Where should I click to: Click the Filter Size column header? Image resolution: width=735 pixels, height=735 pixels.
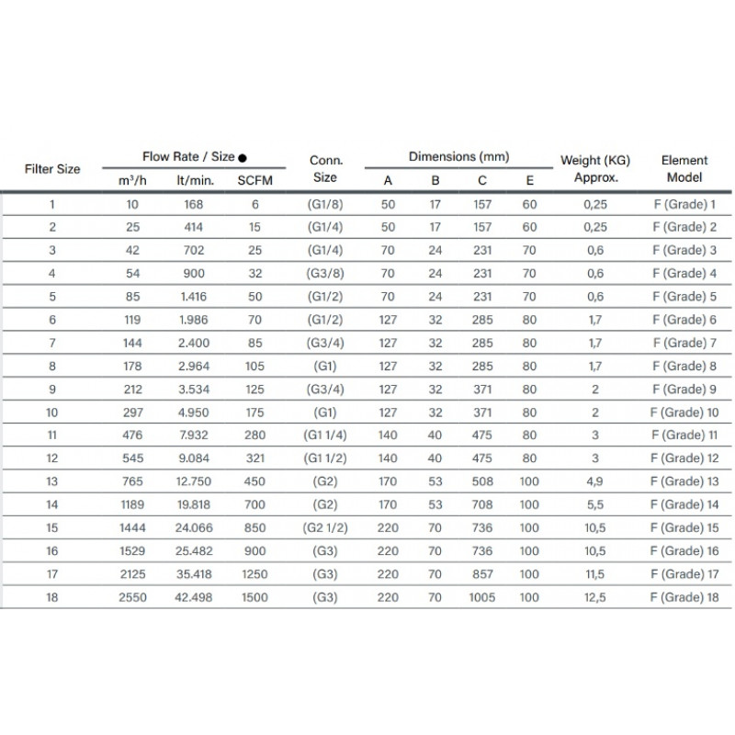point(51,169)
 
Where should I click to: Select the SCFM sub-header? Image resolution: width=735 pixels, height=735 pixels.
point(254,181)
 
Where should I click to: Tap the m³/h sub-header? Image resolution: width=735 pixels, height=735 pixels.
point(132,181)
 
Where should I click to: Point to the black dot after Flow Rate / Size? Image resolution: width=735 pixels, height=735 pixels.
point(242,158)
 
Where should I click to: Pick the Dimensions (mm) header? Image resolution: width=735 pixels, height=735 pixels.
point(458,157)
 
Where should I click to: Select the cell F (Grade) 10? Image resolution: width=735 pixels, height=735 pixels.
point(683,413)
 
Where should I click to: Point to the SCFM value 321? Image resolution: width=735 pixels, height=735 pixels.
point(254,458)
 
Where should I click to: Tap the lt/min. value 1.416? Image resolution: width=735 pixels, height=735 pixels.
point(194,296)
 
